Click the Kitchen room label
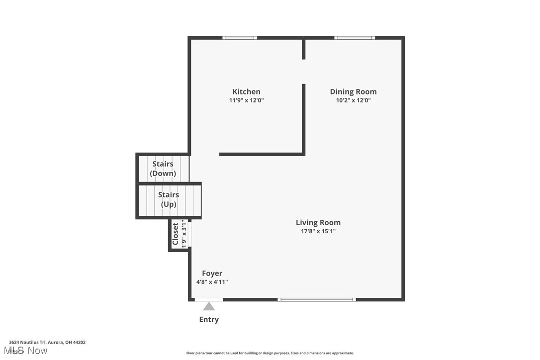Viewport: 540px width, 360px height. pyautogui.click(x=246, y=91)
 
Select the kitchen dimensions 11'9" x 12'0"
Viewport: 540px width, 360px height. pyautogui.click(x=246, y=100)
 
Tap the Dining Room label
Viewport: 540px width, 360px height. pyautogui.click(x=353, y=91)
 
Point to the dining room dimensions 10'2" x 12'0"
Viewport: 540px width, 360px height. pyautogui.click(x=353, y=100)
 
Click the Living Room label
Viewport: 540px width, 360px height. pyautogui.click(x=318, y=223)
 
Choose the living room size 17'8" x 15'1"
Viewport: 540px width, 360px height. pyautogui.click(x=318, y=231)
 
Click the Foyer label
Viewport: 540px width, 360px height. pyautogui.click(x=212, y=273)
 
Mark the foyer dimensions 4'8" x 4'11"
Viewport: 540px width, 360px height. pyautogui.click(x=212, y=282)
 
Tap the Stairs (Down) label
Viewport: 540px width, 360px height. pyautogui.click(x=163, y=169)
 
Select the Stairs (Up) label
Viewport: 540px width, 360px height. pyautogui.click(x=169, y=199)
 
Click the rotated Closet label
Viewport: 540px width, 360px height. pyautogui.click(x=175, y=234)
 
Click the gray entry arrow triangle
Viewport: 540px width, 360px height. pyautogui.click(x=209, y=307)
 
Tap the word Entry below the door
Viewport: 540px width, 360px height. pyautogui.click(x=209, y=320)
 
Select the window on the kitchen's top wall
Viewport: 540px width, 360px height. pyautogui.click(x=240, y=38)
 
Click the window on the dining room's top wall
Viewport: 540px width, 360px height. pyautogui.click(x=355, y=38)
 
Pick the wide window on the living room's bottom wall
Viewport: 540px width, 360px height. pyautogui.click(x=317, y=300)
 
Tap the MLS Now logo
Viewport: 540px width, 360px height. pyautogui.click(x=28, y=351)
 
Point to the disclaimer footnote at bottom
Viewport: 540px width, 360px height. pyautogui.click(x=270, y=353)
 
